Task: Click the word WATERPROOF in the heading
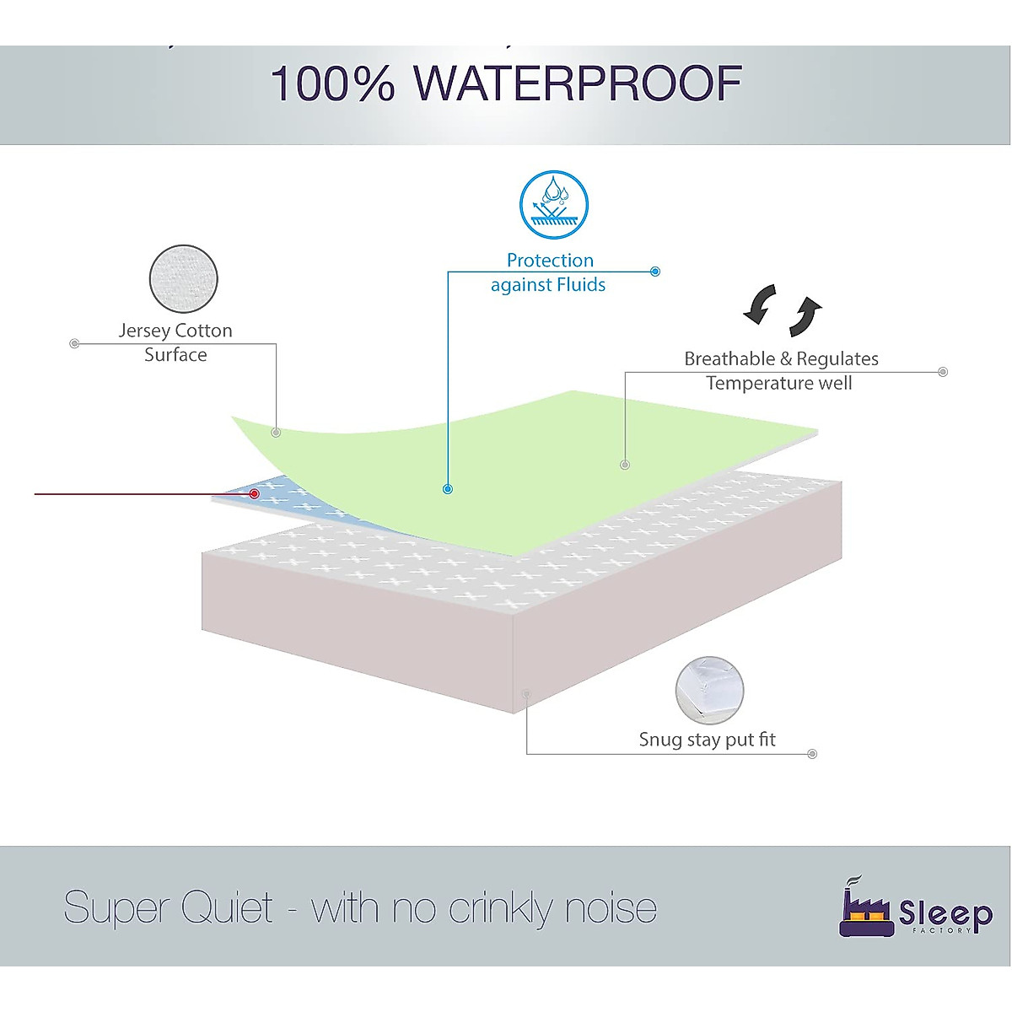pos(578,83)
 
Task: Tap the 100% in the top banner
pos(332,84)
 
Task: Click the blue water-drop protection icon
pos(553,205)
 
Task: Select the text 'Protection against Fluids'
pos(549,272)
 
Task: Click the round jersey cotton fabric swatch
pos(184,279)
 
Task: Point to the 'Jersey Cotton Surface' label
pos(175,342)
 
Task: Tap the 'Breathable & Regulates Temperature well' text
pos(781,371)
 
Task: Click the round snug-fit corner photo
pos(710,691)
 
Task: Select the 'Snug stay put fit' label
pos(707,740)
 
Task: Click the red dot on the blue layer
pos(254,493)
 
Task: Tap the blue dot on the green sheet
pos(448,489)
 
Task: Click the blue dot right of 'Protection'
pos(655,272)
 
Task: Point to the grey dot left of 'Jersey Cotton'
pos(74,343)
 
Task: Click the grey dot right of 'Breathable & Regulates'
pos(943,372)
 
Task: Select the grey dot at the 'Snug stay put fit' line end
pos(812,754)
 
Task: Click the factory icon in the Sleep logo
pos(865,909)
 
